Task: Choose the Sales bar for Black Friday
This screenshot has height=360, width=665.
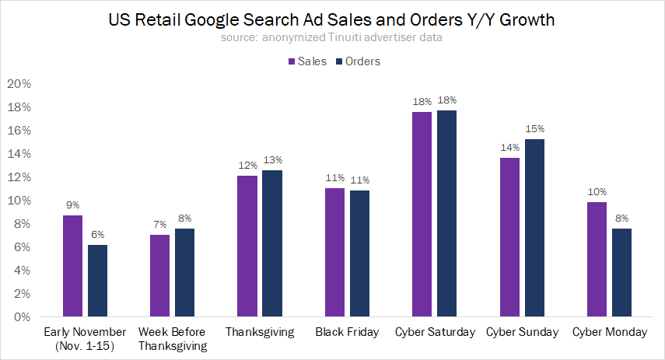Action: pyautogui.click(x=334, y=252)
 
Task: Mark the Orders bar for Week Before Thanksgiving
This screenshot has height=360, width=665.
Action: pyautogui.click(x=184, y=272)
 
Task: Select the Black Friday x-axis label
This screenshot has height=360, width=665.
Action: pyautogui.click(x=348, y=332)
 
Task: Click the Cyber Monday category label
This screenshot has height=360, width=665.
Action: pyautogui.click(x=610, y=332)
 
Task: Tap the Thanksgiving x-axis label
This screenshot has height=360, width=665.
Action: pyautogui.click(x=260, y=332)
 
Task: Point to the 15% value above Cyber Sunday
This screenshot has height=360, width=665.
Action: pyautogui.click(x=535, y=129)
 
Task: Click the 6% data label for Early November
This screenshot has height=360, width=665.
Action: pyautogui.click(x=98, y=235)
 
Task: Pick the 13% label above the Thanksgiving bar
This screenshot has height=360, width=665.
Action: pyautogui.click(x=272, y=160)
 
